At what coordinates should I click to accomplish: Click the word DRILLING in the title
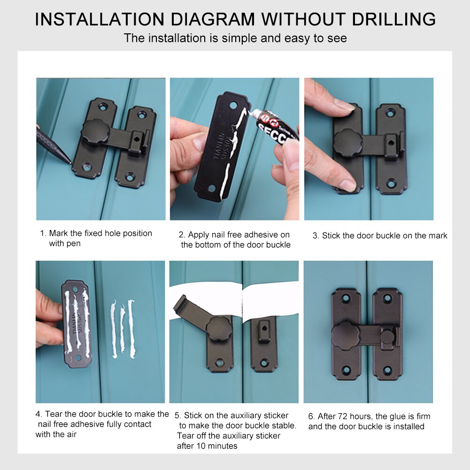point(393,19)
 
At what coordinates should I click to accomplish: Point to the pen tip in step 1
point(70,163)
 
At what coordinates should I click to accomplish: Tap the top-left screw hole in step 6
point(346,299)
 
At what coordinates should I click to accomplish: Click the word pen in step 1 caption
point(73,244)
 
